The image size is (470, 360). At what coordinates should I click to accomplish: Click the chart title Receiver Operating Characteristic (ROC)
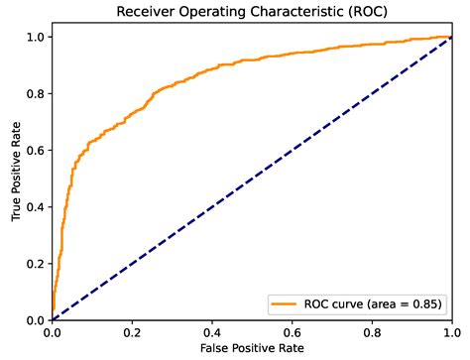tap(252, 12)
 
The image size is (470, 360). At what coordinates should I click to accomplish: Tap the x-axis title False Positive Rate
tap(252, 350)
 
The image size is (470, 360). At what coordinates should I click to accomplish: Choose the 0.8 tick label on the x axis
tap(373, 332)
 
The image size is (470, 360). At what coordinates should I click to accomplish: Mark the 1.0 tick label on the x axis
tap(452, 332)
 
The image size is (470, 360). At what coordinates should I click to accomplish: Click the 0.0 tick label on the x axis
tap(53, 332)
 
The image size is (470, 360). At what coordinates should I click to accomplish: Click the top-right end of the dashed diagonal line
tap(452, 37)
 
